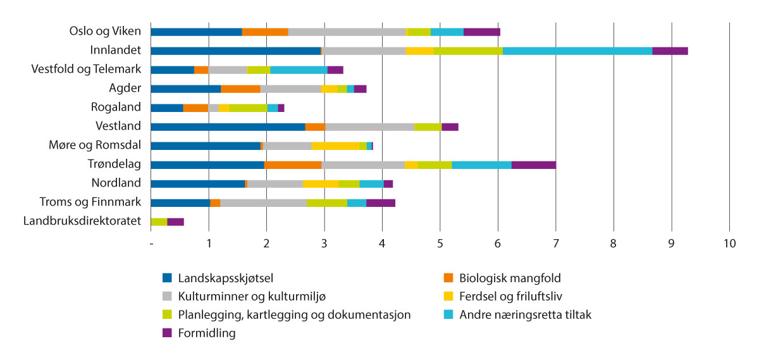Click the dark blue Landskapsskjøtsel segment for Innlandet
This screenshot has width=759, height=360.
tap(236, 51)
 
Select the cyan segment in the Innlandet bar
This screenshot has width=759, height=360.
tap(577, 51)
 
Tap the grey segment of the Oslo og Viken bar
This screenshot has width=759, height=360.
tap(347, 32)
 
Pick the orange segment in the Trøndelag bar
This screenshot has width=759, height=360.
tap(293, 165)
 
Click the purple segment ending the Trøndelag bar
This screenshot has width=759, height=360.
tap(534, 165)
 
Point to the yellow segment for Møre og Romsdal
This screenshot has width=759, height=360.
tap(335, 146)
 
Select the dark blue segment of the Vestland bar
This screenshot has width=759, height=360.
tap(228, 127)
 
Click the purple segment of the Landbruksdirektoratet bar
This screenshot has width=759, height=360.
tap(176, 222)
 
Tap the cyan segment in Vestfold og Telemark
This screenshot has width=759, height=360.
tap(299, 70)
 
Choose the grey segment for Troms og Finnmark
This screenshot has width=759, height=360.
tap(264, 203)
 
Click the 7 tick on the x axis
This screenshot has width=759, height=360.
tap(555, 244)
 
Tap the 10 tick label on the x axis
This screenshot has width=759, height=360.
tap(729, 244)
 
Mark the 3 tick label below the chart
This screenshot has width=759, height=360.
tap(324, 244)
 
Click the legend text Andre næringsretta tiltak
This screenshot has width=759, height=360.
tap(525, 314)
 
